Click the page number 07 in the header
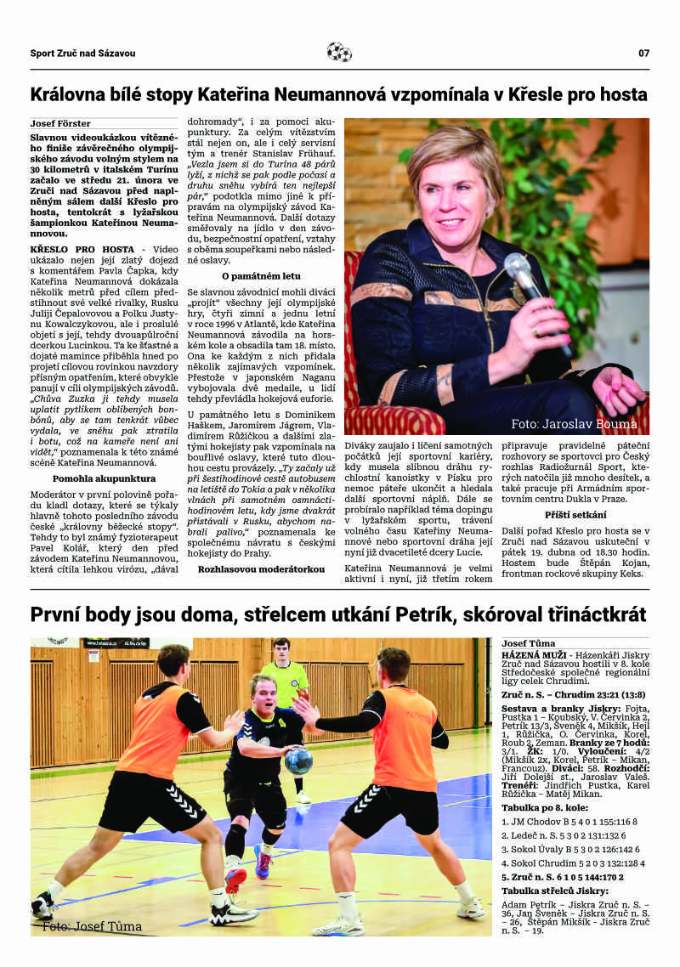click(x=643, y=53)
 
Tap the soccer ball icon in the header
click(x=339, y=53)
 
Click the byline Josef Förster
click(x=60, y=123)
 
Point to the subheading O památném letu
click(x=260, y=276)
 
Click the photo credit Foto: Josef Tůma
click(x=92, y=926)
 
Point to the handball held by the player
click(x=298, y=761)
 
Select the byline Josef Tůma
click(x=529, y=643)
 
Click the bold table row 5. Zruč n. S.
click(x=563, y=876)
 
